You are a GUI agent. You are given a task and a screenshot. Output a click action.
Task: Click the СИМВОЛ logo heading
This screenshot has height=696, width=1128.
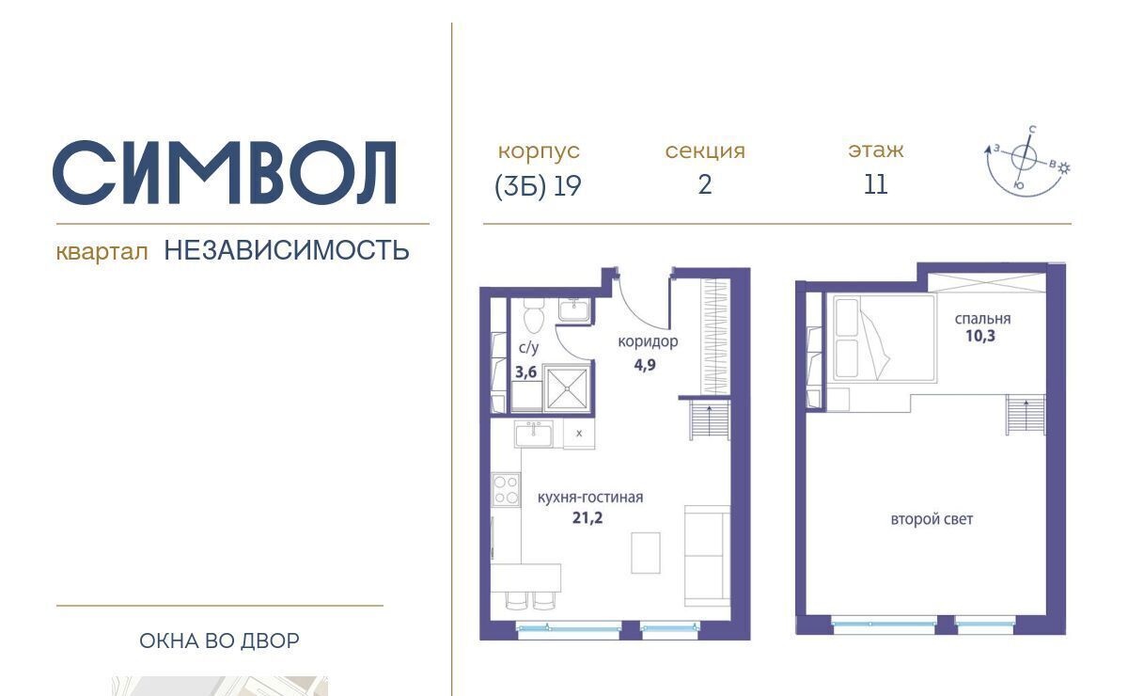tap(225, 172)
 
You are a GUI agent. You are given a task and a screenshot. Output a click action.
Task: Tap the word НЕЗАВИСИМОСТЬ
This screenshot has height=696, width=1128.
tap(287, 250)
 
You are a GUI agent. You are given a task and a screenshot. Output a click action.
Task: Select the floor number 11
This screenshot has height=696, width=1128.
tap(876, 184)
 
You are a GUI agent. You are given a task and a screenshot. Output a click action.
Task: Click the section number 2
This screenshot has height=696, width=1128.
tap(705, 184)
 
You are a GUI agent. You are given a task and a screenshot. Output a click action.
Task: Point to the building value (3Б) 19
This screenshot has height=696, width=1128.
tap(538, 186)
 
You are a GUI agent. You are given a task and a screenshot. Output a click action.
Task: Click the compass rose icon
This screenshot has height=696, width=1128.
tap(1026, 160)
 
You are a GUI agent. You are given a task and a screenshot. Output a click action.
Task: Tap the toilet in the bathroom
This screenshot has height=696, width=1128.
tap(531, 315)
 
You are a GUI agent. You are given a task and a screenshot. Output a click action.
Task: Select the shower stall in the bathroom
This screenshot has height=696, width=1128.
tap(567, 388)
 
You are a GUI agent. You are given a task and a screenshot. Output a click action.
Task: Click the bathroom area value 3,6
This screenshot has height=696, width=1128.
tap(525, 372)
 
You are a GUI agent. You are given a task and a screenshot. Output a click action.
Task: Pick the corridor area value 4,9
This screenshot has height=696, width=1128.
tap(645, 364)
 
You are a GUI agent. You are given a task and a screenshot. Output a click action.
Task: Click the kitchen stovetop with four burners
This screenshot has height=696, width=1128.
tap(506, 489)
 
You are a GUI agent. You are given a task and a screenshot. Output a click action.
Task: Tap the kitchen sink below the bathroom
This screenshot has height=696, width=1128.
tap(533, 434)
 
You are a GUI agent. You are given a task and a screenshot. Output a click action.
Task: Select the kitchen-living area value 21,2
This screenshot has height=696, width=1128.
tap(587, 517)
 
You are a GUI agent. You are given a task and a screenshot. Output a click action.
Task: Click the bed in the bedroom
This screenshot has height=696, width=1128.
tap(884, 339)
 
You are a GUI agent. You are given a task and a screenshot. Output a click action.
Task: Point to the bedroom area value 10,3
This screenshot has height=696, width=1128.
tap(980, 336)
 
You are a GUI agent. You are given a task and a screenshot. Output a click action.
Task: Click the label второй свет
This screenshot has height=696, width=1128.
tap(932, 519)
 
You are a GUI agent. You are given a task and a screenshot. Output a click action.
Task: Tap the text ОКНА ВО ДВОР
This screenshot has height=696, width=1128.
tap(220, 641)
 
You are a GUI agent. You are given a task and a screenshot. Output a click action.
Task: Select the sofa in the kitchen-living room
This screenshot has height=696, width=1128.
tap(707, 555)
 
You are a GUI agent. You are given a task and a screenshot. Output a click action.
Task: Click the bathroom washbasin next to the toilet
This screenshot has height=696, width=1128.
tap(573, 308)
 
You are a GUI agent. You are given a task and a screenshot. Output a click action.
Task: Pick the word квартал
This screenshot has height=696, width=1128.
tap(102, 251)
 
